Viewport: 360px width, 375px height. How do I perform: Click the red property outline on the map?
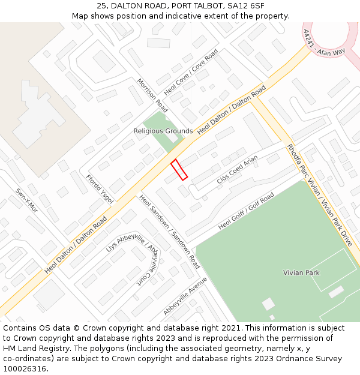[179, 169]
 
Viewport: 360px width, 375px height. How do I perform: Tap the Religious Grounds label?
[163, 131]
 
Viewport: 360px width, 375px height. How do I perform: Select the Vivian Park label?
[301, 272]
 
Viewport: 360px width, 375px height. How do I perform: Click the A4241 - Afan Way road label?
[323, 43]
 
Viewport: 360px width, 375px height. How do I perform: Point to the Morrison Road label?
[152, 95]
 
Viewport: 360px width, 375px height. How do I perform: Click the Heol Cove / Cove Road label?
[191, 73]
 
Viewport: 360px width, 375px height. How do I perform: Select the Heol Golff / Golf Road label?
[246, 211]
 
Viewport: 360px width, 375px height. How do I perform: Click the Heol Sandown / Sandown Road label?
[170, 231]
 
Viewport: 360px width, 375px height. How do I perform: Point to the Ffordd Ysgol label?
[100, 190]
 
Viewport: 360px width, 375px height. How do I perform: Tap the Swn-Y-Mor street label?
[26, 201]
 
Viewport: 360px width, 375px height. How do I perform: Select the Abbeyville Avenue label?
[185, 296]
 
